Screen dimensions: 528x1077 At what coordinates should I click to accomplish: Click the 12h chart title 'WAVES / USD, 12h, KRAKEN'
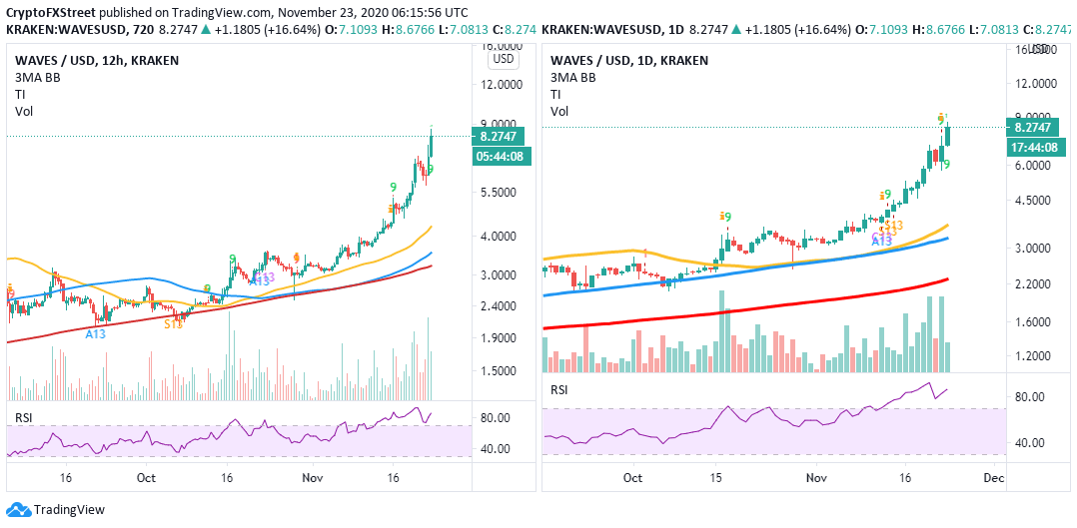(x=93, y=60)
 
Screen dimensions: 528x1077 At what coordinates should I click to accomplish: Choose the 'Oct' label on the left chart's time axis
(x=146, y=477)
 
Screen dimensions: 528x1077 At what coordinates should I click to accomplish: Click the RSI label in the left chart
(x=25, y=416)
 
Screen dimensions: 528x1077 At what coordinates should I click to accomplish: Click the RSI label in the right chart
(x=559, y=389)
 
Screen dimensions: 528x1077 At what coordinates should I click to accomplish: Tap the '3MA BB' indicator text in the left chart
(x=35, y=77)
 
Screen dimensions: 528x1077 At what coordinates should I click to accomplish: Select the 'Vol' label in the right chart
(x=559, y=111)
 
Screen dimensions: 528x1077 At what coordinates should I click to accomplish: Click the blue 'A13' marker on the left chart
(x=95, y=333)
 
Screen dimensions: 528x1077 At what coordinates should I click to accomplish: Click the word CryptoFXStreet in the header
(x=49, y=12)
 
